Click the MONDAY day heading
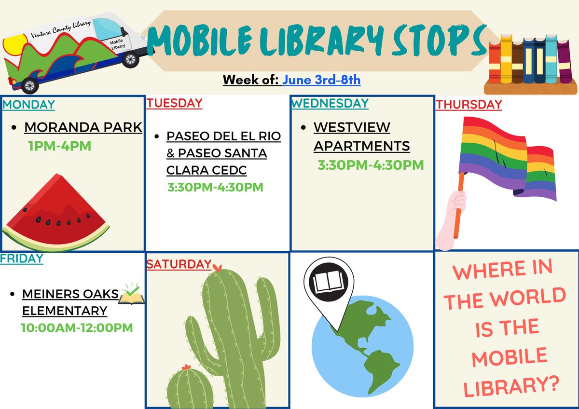point(28,104)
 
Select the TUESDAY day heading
point(174,103)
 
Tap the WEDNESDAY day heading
point(330,103)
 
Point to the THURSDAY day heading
point(469,104)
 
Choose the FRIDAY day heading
point(22,258)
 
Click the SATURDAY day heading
point(179,264)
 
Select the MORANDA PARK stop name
point(83,127)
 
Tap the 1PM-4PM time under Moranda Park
point(60,146)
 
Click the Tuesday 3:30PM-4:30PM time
point(215,187)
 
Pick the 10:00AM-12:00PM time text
point(77,328)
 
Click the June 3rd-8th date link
point(321,80)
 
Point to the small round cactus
point(190,386)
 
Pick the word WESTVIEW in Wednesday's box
point(352,127)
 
